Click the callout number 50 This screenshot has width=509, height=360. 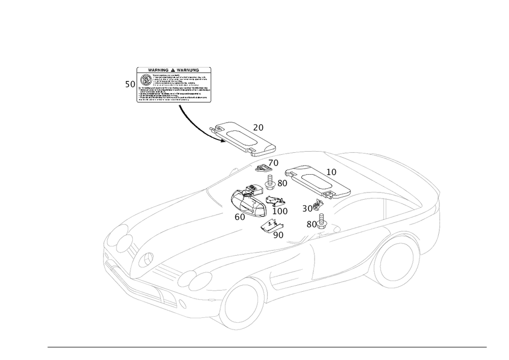(x=130, y=85)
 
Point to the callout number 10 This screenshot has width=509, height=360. (x=331, y=172)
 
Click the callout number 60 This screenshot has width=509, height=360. (x=239, y=216)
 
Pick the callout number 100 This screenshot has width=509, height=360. (x=280, y=210)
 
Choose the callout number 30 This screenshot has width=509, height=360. (x=307, y=209)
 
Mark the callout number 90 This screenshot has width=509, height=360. (x=278, y=235)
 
